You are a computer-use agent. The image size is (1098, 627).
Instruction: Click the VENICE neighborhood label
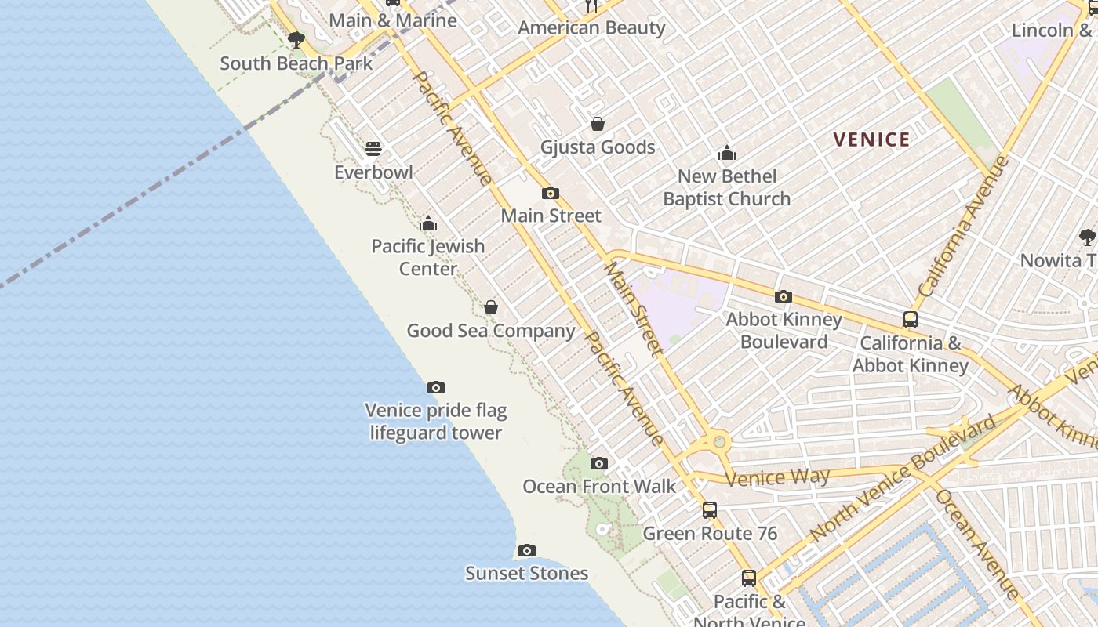click(x=871, y=140)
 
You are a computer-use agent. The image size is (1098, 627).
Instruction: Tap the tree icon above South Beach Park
click(x=296, y=39)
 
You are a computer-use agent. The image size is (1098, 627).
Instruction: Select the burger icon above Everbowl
click(x=373, y=148)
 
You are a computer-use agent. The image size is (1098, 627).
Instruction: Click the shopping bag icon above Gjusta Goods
click(x=597, y=124)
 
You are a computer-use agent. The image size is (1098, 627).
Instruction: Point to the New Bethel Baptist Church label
click(x=726, y=187)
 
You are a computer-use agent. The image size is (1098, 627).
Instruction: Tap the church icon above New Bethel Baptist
click(x=727, y=153)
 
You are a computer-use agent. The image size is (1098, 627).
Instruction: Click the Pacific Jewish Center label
click(x=428, y=257)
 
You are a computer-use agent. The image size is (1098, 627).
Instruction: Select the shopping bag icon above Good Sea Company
click(x=491, y=307)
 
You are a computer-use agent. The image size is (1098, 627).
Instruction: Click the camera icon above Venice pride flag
click(x=436, y=387)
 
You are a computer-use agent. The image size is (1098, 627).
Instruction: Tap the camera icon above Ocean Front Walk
click(x=599, y=463)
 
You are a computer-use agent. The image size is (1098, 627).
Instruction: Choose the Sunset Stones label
click(x=526, y=573)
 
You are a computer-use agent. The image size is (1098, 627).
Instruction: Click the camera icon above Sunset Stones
click(x=527, y=550)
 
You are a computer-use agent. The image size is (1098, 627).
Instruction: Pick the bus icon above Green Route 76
click(x=710, y=510)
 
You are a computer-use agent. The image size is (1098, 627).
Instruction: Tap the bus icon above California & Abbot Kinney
click(x=910, y=320)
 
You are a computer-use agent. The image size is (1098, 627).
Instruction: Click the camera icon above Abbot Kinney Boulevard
click(x=783, y=296)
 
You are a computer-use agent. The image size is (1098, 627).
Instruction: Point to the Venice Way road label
click(x=777, y=477)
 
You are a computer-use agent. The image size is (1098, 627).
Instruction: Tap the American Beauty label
click(x=591, y=28)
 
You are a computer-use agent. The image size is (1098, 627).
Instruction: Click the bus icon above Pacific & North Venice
click(x=749, y=578)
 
